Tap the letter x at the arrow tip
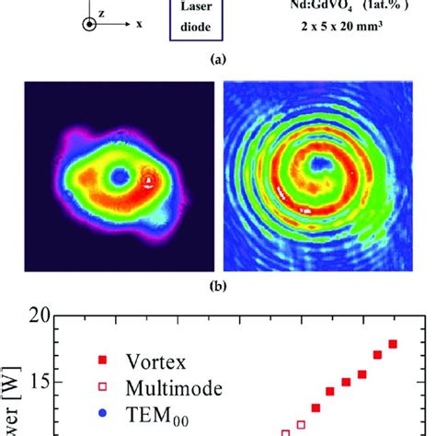pyautogui.click(x=139, y=25)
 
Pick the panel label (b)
pyautogui.click(x=217, y=285)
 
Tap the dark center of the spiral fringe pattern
pyautogui.click(x=320, y=166)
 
